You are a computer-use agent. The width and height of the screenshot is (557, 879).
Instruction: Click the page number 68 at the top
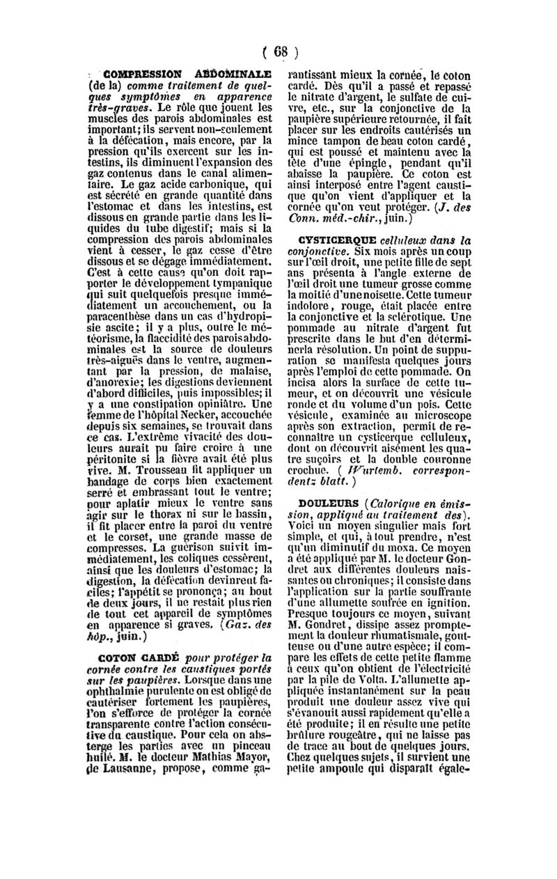(281, 52)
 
